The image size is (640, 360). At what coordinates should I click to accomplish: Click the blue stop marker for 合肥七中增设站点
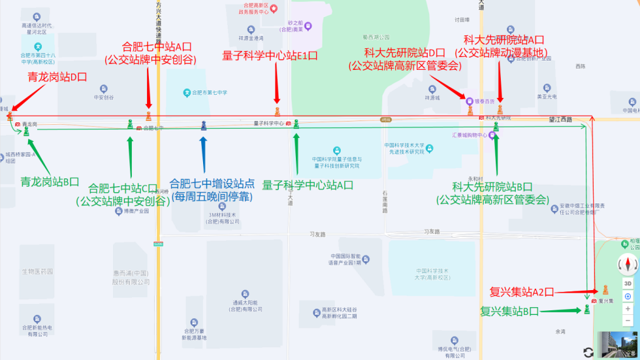coord(204,125)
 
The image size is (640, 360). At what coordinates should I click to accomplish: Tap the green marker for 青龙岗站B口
coord(27,131)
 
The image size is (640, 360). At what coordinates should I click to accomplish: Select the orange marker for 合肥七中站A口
coord(149,116)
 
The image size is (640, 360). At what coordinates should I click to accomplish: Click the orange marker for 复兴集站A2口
coord(605,289)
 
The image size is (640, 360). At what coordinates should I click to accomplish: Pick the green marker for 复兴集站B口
coord(587,309)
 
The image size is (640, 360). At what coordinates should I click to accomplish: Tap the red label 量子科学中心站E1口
coord(270,56)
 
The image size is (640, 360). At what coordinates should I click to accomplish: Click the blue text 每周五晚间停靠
coord(212,196)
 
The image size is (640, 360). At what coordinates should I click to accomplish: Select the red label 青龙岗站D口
coord(57,77)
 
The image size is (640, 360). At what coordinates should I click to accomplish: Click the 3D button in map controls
coord(628,283)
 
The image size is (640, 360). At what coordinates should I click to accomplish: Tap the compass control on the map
coord(628,265)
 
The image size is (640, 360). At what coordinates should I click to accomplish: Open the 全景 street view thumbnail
coord(618,344)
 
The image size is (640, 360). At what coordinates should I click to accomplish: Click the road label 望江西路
coord(560,120)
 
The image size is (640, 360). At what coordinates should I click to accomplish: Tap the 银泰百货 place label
coord(483,101)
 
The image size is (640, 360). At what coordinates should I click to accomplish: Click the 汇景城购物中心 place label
coord(470,135)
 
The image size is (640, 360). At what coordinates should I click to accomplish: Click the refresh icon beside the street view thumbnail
coord(588,352)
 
